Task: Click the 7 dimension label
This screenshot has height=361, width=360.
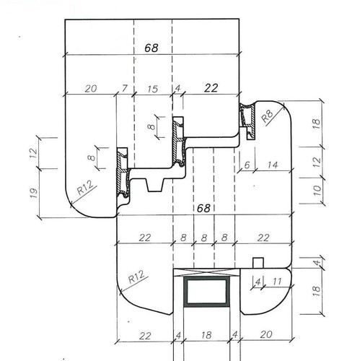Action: coord(124,88)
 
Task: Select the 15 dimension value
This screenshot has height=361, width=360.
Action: coord(153,89)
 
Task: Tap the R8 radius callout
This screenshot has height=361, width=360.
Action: coord(267,116)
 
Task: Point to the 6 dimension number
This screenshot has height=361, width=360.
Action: coord(247,165)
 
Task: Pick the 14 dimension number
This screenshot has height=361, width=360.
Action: coord(273,165)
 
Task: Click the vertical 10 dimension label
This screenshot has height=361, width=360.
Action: coord(317,191)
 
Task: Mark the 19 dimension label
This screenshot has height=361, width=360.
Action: coord(34,193)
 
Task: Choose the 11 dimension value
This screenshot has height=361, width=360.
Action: coord(277,282)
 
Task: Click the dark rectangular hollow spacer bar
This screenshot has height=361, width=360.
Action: coord(206,292)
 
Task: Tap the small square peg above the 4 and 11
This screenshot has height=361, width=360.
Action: coord(258,263)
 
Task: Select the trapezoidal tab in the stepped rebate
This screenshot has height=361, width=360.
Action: coord(155,185)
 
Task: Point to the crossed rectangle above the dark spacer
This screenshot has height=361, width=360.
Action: coord(207,272)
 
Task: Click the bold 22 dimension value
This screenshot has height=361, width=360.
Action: coord(211,88)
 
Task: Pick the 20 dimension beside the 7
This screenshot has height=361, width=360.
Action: coord(91,89)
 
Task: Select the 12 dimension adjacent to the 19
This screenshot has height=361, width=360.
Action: coord(34,153)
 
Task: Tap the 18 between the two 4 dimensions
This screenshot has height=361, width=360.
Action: coord(206,335)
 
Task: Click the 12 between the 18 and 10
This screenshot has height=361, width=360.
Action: coord(317,162)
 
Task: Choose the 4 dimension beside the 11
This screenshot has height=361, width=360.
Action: coord(258,282)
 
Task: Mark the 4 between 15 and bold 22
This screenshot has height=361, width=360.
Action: coord(177,88)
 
